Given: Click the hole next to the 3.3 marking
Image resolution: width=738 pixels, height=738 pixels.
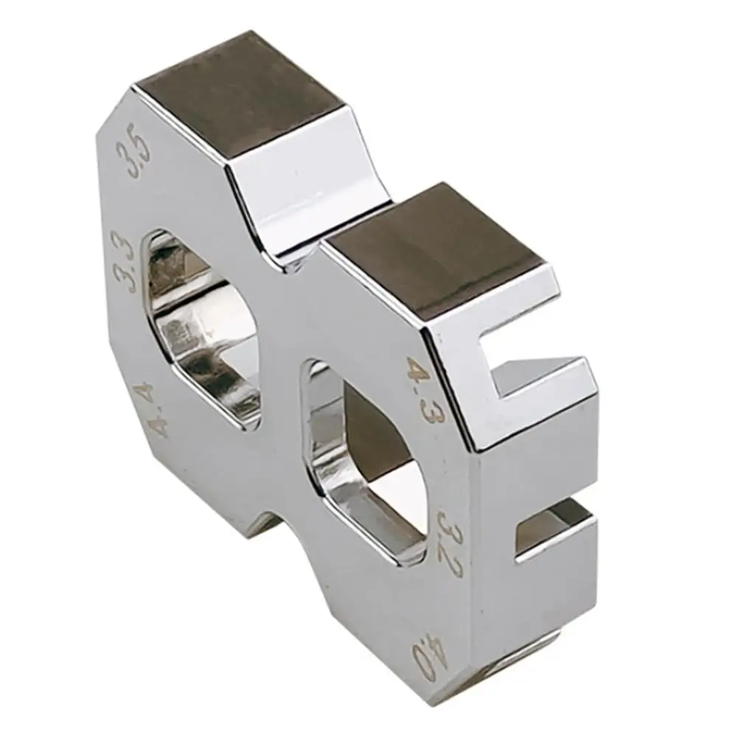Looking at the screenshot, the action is point(203,330).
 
